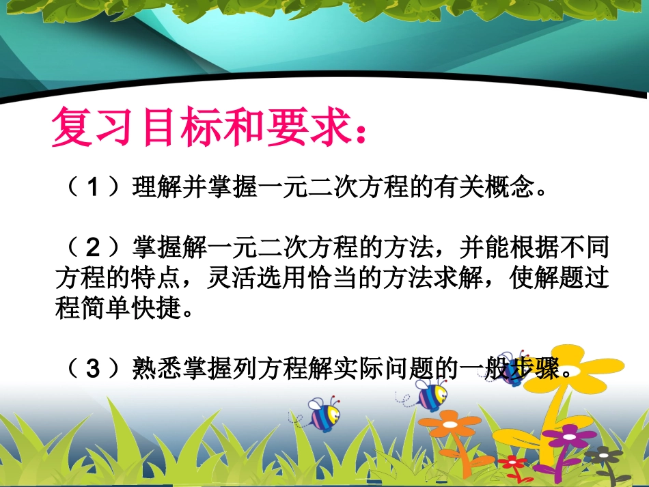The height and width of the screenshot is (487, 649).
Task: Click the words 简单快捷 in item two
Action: tap(130, 309)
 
